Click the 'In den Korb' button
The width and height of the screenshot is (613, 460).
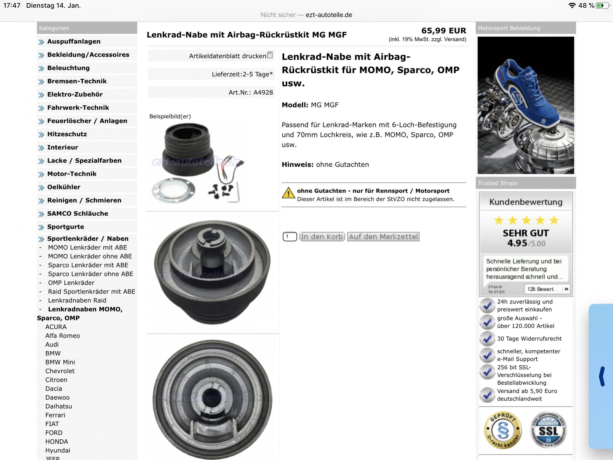pyautogui.click(x=322, y=236)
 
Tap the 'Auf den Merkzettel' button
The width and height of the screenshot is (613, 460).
pyautogui.click(x=383, y=236)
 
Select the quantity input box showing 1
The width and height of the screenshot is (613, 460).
pyautogui.click(x=290, y=236)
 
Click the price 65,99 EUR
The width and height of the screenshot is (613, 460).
pyautogui.click(x=444, y=31)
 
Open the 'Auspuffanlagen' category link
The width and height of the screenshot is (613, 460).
pyautogui.click(x=74, y=41)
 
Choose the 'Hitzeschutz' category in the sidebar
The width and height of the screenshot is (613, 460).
pyautogui.click(x=67, y=134)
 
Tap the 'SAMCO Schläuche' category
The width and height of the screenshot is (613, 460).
pyautogui.click(x=77, y=214)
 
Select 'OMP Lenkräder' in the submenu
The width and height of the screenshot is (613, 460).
pyautogui.click(x=71, y=283)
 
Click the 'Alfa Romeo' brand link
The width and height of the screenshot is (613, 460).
pyautogui.click(x=63, y=336)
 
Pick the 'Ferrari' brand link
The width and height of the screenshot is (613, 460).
pyautogui.click(x=55, y=415)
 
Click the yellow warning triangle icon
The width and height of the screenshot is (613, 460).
pyautogui.click(x=288, y=193)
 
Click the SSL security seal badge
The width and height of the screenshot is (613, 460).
pyautogui.click(x=548, y=430)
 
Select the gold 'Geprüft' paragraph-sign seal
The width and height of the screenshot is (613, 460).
pyautogui.click(x=503, y=430)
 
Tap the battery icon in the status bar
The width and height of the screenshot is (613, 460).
pyautogui.click(x=602, y=6)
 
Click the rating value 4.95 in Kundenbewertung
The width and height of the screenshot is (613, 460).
pyautogui.click(x=517, y=243)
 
